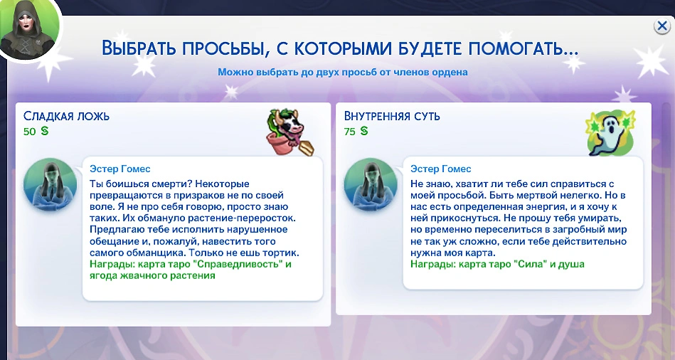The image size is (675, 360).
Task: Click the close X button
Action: click(661, 26)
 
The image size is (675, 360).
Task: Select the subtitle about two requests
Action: click(343, 72)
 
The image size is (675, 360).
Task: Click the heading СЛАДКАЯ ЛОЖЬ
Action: click(66, 116)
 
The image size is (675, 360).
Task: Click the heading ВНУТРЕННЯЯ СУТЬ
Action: click(392, 116)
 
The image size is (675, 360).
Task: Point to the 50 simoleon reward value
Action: click(36, 132)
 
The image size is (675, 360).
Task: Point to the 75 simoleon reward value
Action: click(356, 132)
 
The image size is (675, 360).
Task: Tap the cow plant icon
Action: click(289, 132)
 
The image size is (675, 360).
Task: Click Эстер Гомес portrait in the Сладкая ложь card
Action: click(50, 185)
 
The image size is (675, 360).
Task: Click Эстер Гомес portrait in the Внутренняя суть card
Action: click(371, 185)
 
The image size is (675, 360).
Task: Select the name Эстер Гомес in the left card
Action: click(120, 169)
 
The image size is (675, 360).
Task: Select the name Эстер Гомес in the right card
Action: click(441, 169)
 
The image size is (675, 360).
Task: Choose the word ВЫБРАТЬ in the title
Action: click(139, 48)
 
